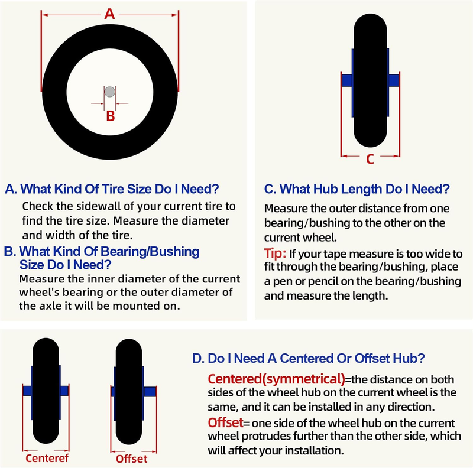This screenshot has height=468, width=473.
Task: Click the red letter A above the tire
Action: pyautogui.click(x=109, y=14)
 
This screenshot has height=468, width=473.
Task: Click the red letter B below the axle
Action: pyautogui.click(x=111, y=116)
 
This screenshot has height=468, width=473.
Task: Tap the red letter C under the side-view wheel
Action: pyautogui.click(x=370, y=159)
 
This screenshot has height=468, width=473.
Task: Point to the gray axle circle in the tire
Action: pyautogui.click(x=110, y=92)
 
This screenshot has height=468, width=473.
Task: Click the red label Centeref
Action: pyautogui.click(x=47, y=458)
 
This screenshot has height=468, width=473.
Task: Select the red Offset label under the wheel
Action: pyautogui.click(x=131, y=459)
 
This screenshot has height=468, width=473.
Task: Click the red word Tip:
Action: pyautogui.click(x=275, y=253)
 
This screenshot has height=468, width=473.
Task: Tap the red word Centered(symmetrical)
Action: pyautogui.click(x=276, y=379)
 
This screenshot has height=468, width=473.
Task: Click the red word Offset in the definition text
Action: pyautogui.click(x=225, y=422)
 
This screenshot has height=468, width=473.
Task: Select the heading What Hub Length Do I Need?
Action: pyautogui.click(x=357, y=189)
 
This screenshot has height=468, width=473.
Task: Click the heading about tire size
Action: pyautogui.click(x=112, y=189)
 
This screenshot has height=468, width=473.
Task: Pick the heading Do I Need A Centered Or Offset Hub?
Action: pyautogui.click(x=308, y=358)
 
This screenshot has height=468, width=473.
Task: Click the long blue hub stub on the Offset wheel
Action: pyautogui.click(x=150, y=391)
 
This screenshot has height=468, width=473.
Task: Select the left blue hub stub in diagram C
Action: pyautogui.click(x=347, y=80)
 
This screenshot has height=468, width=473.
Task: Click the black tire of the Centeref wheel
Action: pyautogui.click(x=46, y=391)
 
